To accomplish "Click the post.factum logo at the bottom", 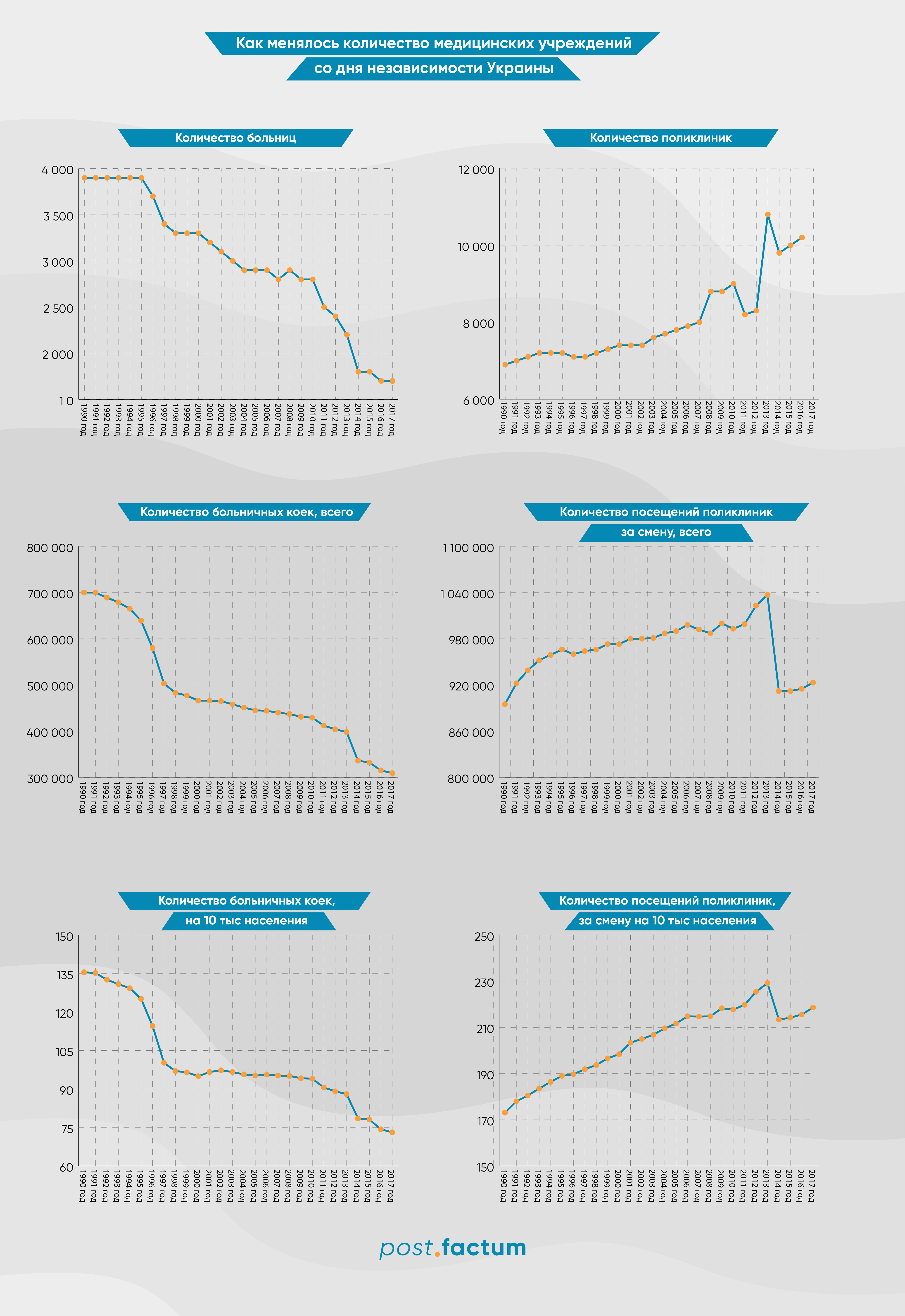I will [452, 1248].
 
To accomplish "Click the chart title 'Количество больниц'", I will [235, 138].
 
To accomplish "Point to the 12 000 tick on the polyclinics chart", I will [476, 170].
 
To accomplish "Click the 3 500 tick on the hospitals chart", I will [58, 216].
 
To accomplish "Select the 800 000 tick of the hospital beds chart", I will [50, 548].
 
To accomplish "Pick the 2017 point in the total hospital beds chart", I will [392, 773].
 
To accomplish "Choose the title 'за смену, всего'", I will [666, 532].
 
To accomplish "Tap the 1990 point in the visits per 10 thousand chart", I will [505, 1113].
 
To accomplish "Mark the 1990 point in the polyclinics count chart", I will [505, 364].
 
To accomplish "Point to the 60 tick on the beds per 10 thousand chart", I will [66, 1167].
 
